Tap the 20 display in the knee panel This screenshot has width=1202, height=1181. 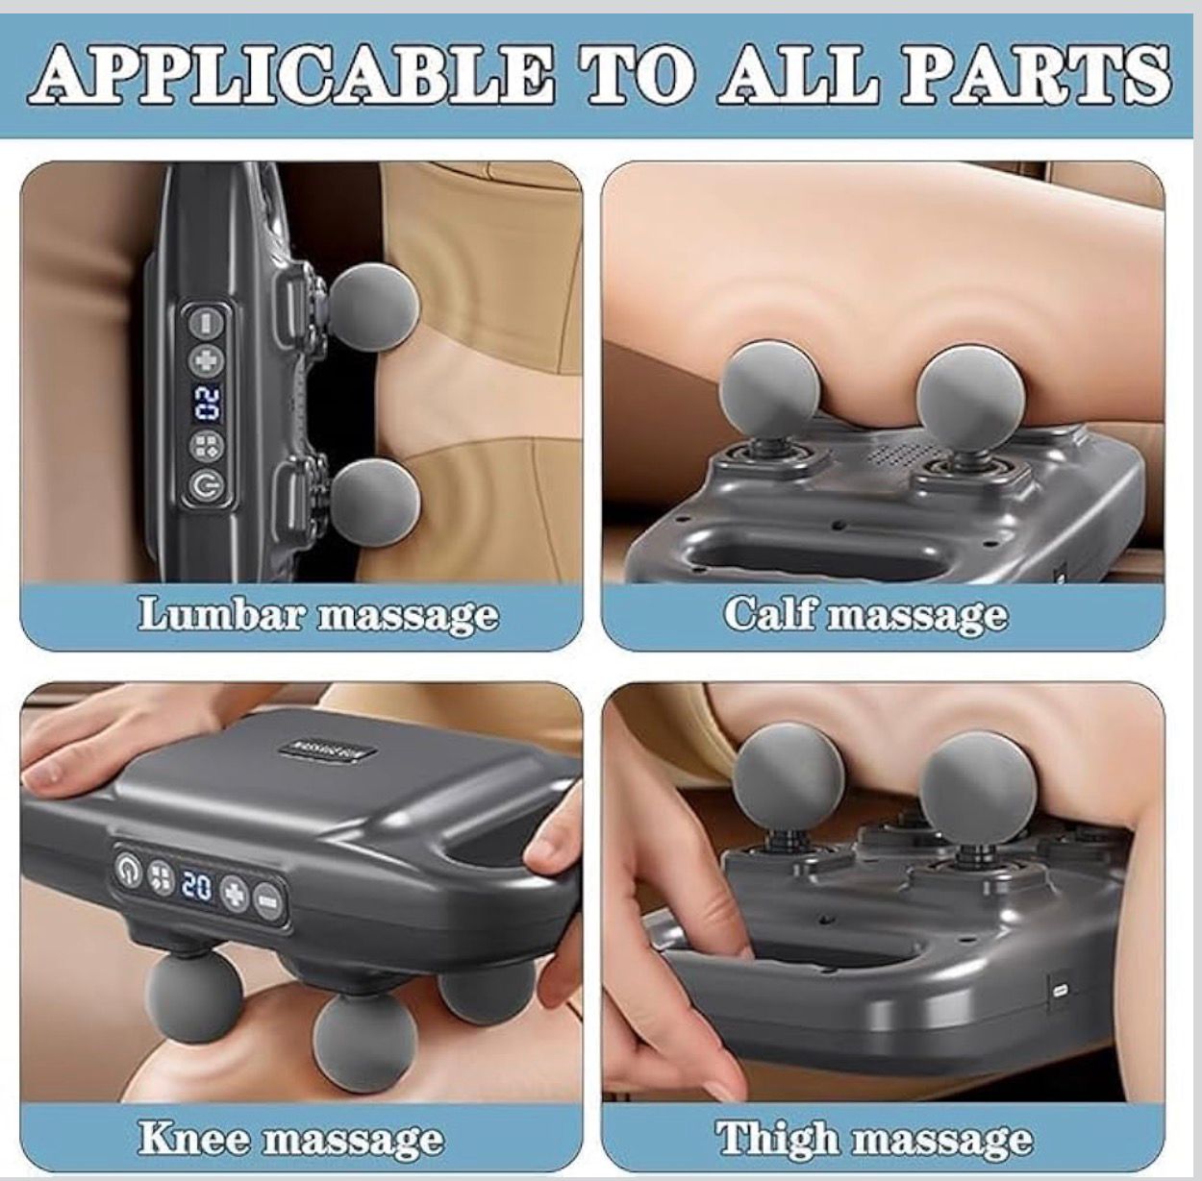(x=196, y=885)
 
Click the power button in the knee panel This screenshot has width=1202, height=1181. (x=128, y=871)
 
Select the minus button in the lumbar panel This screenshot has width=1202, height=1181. (x=205, y=322)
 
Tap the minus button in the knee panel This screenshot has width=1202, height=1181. (x=268, y=899)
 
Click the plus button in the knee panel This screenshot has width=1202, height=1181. (x=235, y=894)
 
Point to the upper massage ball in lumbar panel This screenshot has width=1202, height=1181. (x=374, y=307)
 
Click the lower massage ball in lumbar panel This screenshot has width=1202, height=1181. (x=375, y=504)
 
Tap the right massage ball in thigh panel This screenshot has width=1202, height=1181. (x=975, y=779)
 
